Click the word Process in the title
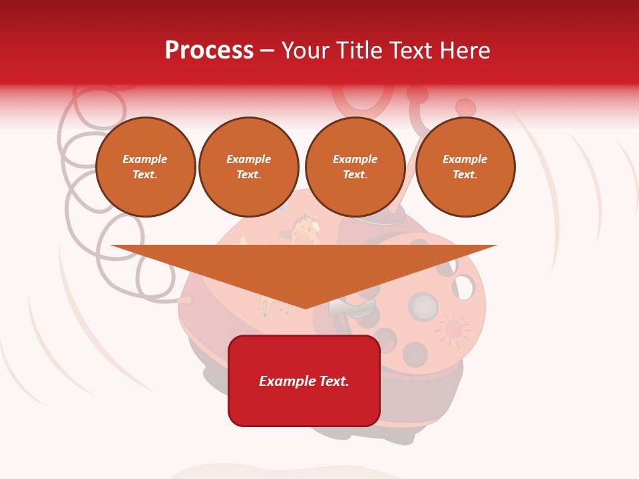point(209,51)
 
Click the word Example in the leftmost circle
point(145,160)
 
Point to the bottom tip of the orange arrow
point(305,307)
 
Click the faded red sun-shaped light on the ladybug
point(453,329)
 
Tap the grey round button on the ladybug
point(423,307)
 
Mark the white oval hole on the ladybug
point(463,288)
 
